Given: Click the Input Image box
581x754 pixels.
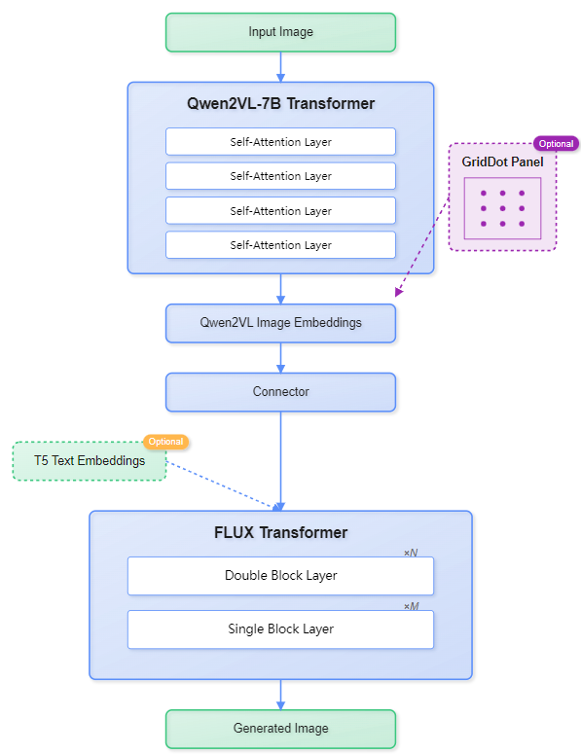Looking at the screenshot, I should click(x=280, y=32).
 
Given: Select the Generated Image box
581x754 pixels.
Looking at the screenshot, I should click(x=280, y=729).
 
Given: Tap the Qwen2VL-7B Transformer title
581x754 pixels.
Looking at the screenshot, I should click(x=280, y=103).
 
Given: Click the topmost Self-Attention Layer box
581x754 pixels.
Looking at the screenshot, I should click(x=280, y=142).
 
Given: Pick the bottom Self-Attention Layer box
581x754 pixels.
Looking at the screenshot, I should click(x=280, y=245).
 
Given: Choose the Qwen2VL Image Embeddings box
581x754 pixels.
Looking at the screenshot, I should click(x=280, y=323).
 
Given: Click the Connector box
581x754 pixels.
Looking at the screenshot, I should click(x=280, y=392).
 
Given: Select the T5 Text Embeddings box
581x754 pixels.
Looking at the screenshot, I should click(x=90, y=461).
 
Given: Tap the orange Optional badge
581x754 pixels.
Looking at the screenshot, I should click(x=165, y=442).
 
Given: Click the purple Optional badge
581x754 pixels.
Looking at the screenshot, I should click(x=556, y=144).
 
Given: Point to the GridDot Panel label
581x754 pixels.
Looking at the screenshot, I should click(x=502, y=162).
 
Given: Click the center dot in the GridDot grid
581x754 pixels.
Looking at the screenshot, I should click(x=502, y=208).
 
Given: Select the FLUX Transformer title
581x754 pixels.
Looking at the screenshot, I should click(x=280, y=532).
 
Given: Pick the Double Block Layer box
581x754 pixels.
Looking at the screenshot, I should click(x=280, y=575).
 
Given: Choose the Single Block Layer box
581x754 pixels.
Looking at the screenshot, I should click(x=280, y=629).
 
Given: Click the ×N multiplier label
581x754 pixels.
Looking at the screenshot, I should click(x=411, y=553).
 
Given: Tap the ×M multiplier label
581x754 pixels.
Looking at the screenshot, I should click(x=411, y=606).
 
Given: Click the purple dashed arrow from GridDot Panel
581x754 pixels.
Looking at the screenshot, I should click(x=423, y=242).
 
